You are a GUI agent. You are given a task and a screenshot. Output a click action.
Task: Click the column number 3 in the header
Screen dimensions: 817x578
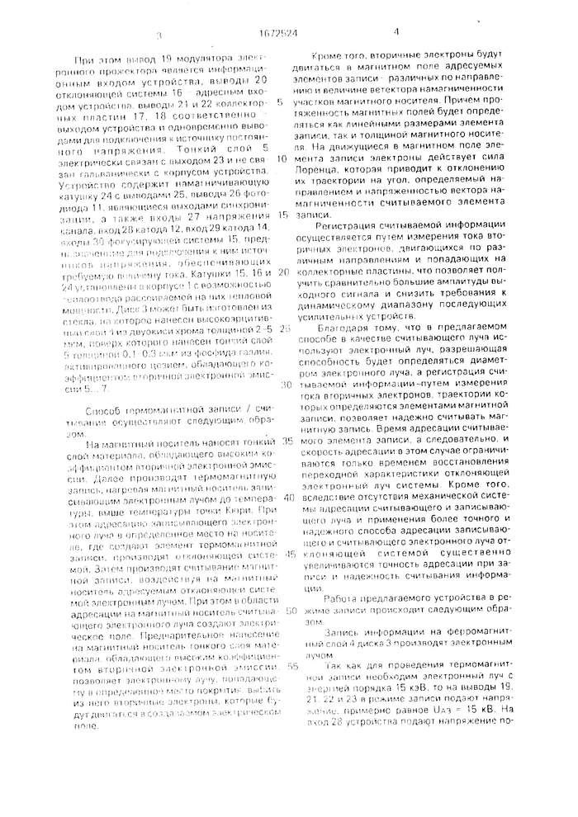click(x=159, y=35)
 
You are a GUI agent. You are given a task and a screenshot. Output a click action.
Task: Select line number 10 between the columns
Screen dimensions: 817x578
click(x=283, y=157)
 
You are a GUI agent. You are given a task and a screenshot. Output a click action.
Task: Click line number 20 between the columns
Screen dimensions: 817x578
click(x=283, y=271)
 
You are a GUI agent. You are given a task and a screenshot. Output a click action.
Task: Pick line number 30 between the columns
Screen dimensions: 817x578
click(x=283, y=385)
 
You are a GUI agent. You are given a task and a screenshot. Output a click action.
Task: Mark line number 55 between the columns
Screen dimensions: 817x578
click(x=283, y=665)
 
